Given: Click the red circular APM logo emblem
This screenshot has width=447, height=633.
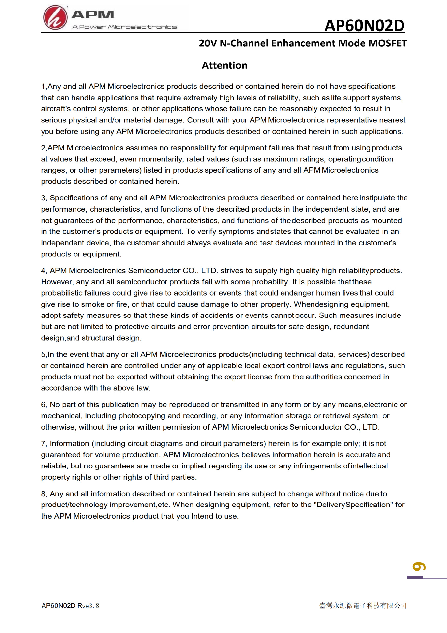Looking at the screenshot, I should [x=55, y=17].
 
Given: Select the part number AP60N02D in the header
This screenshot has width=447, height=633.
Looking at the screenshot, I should [x=364, y=25].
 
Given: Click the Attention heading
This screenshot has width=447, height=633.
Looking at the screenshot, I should [x=224, y=65].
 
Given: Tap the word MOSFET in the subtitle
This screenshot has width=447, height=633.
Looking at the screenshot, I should [x=387, y=43].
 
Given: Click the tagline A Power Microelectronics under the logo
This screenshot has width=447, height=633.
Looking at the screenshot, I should [x=125, y=27].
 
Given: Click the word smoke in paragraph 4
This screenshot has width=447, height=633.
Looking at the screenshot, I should [x=93, y=304].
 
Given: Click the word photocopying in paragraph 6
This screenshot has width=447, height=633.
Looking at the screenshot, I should [x=145, y=415].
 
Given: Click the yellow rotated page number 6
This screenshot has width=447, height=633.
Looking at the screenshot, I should [x=419, y=566].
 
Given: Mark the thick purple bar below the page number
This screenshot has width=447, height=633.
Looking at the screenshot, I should [x=415, y=577].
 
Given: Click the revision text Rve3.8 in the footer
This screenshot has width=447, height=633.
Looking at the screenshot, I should [x=88, y=606].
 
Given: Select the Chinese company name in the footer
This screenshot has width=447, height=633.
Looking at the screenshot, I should [x=363, y=605].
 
